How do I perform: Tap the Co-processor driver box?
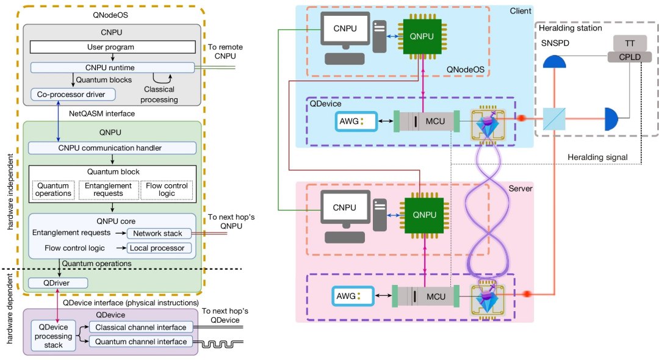67,95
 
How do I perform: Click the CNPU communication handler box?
112,148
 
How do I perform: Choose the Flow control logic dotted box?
166,189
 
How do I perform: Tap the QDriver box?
58,283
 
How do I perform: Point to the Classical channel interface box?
140,328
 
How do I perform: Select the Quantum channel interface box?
140,342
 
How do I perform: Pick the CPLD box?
628,57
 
